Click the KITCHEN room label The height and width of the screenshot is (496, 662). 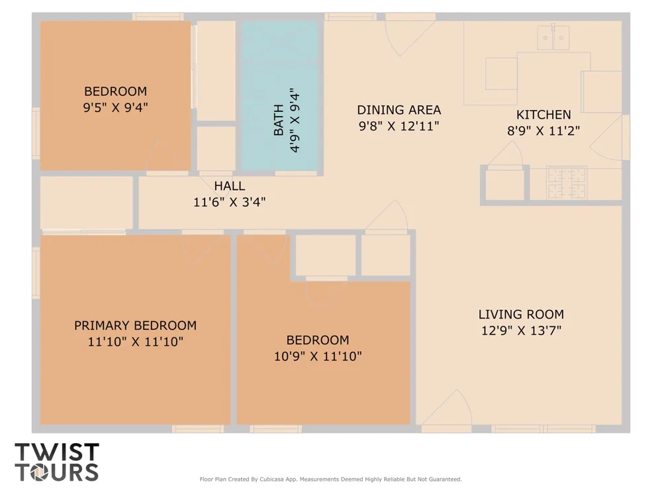544,115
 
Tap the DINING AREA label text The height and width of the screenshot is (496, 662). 399,110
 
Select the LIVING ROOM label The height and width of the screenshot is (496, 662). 521,315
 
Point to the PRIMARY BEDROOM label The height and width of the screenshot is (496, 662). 136,325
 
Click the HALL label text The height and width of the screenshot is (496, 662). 229,186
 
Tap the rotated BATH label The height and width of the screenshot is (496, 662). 279,120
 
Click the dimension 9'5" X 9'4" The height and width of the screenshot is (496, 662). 116,107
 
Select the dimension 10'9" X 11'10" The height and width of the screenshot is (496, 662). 318,356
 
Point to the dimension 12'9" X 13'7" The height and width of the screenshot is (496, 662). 522,330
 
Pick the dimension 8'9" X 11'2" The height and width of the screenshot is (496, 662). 544,130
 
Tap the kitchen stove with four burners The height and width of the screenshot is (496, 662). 567,183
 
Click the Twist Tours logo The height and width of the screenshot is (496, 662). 56,462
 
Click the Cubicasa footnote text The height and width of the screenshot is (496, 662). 330,479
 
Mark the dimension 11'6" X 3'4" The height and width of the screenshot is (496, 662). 229,202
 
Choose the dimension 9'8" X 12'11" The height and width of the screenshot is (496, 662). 399,126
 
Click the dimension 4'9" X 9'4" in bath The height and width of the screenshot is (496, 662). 295,120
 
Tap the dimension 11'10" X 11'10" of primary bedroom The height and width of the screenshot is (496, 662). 136,341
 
